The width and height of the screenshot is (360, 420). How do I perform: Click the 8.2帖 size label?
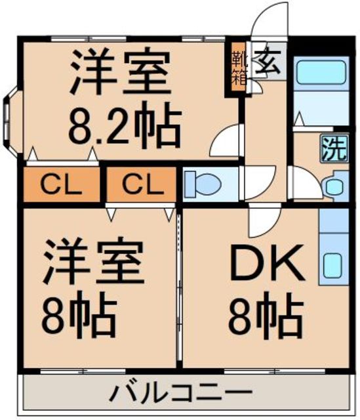[125, 125]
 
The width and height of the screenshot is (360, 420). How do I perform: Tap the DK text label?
[267, 262]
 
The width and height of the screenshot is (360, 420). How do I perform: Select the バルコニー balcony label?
[182, 392]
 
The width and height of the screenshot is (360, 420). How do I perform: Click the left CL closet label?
[61, 184]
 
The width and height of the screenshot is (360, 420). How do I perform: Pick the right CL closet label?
[143, 184]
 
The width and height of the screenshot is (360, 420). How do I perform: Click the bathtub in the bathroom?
[321, 72]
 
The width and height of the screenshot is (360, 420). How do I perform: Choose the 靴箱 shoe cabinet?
[239, 67]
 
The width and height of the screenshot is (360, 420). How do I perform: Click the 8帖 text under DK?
[266, 316]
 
